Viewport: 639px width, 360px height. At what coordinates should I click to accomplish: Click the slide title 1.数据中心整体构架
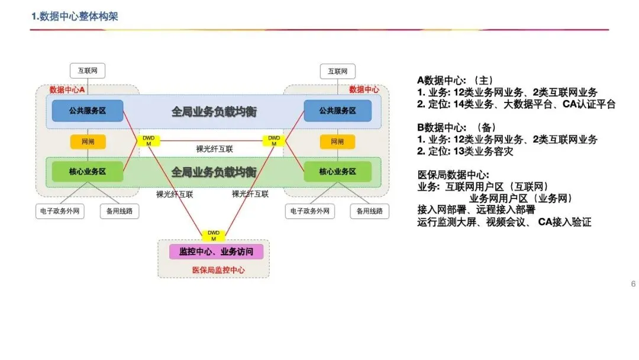(x=75, y=17)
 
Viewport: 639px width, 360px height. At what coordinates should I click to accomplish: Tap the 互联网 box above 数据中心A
(x=88, y=71)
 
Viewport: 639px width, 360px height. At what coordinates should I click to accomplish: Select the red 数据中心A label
(x=67, y=90)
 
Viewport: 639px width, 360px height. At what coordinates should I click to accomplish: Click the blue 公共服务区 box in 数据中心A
(x=88, y=111)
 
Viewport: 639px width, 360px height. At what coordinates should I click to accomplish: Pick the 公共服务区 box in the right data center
(x=337, y=111)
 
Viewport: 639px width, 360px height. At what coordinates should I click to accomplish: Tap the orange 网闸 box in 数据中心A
(x=88, y=142)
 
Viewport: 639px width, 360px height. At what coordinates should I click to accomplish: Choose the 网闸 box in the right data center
(x=337, y=142)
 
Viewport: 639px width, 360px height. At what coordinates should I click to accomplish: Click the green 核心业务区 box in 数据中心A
(x=88, y=171)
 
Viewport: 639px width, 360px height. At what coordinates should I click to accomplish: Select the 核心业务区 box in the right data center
(x=337, y=171)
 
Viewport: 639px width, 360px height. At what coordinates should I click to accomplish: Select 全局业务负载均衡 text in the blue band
(x=214, y=111)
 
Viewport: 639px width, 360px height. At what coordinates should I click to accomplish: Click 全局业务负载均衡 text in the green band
(x=214, y=172)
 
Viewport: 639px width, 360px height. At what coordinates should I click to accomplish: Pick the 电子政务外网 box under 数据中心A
(x=60, y=211)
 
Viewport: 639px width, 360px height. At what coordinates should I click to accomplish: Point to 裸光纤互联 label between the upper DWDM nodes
(x=214, y=149)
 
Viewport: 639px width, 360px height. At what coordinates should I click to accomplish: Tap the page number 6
(x=633, y=284)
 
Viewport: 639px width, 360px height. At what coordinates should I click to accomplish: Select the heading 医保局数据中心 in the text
(x=453, y=175)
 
